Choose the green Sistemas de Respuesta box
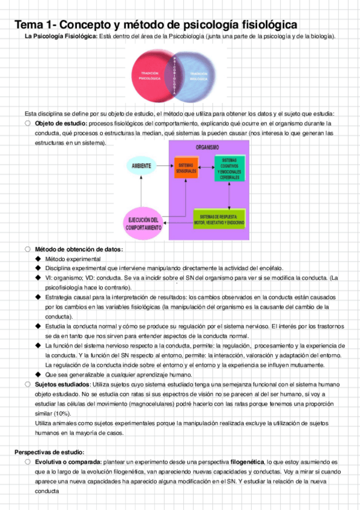click(x=219, y=219)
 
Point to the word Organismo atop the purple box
click(x=207, y=147)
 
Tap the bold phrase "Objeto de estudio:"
click(x=61, y=124)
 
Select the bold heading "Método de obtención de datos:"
click(x=79, y=249)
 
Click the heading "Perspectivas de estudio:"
click(x=49, y=452)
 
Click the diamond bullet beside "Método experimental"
click(x=38, y=259)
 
